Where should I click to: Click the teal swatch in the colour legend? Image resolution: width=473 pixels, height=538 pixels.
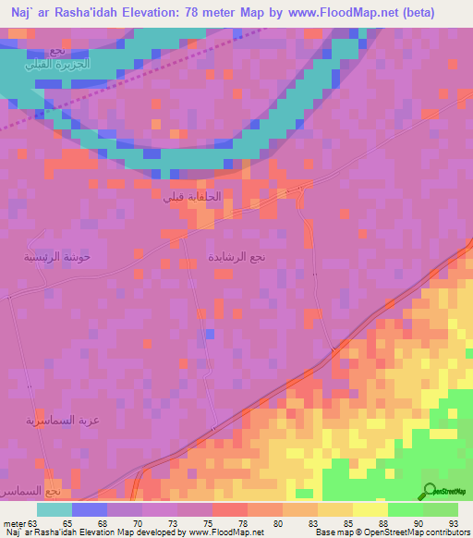[x=55, y=509]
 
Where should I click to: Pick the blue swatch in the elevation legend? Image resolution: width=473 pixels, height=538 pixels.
[x=90, y=509]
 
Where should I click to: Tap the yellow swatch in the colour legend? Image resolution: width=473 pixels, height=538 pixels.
[x=370, y=509]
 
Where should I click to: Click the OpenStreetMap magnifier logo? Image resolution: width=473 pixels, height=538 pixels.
[x=428, y=491]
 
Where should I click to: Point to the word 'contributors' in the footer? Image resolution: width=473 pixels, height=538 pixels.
[x=444, y=532]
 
